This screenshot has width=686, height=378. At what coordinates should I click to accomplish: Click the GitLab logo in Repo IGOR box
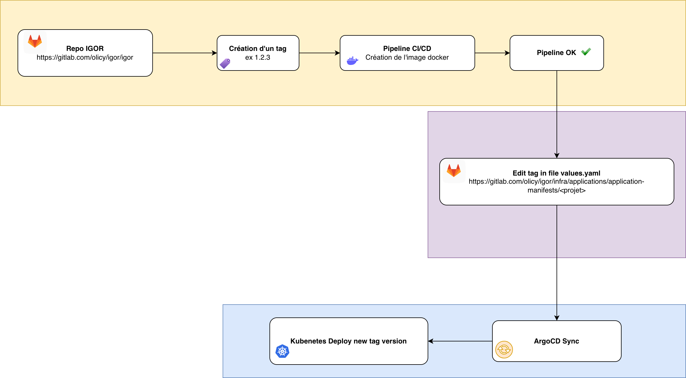(x=35, y=41)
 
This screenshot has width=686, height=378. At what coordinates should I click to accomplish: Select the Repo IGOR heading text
(x=85, y=49)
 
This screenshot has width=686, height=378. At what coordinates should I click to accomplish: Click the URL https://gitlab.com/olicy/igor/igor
(x=85, y=57)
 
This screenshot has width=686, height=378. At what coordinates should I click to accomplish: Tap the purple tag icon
(x=225, y=63)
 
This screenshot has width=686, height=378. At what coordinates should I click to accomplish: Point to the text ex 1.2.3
(x=257, y=57)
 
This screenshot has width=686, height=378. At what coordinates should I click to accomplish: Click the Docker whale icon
(x=352, y=61)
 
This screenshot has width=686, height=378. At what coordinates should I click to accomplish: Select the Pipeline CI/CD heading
(x=407, y=49)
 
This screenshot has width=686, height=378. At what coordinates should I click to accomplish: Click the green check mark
(x=586, y=52)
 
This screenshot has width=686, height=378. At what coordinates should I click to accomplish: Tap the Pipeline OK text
(x=556, y=53)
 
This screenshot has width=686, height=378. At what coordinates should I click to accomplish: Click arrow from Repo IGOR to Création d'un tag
(x=185, y=53)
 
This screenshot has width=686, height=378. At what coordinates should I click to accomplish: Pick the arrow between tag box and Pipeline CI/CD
(x=319, y=53)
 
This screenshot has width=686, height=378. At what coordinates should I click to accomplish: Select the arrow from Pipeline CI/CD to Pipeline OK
(x=492, y=53)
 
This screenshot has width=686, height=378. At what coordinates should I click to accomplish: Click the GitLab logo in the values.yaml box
(x=453, y=171)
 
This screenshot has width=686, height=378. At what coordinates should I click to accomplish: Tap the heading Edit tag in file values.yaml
(x=556, y=173)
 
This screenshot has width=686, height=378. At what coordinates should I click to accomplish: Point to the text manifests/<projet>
(x=556, y=190)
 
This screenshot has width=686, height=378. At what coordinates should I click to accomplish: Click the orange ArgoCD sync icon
(x=504, y=350)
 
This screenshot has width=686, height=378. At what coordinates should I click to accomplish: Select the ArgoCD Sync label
(x=556, y=341)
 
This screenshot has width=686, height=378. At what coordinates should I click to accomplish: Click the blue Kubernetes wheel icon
(x=282, y=351)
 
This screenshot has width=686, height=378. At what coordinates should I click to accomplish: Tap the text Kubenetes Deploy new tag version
(x=348, y=341)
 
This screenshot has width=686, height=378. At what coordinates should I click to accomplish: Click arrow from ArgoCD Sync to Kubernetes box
(x=460, y=341)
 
